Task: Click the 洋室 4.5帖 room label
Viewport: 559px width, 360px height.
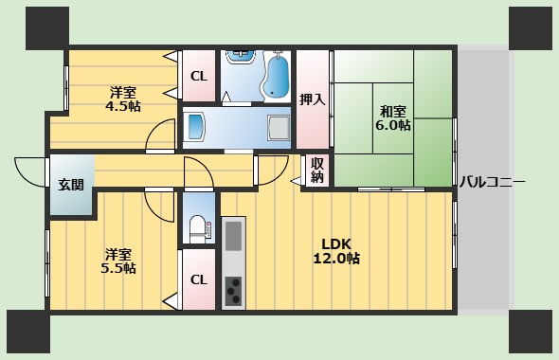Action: pyautogui.click(x=123, y=99)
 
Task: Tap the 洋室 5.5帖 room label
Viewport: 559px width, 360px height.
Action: pyautogui.click(x=118, y=261)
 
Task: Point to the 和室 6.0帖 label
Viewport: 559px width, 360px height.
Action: pyautogui.click(x=392, y=117)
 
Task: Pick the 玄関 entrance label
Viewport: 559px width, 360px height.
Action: pyautogui.click(x=71, y=184)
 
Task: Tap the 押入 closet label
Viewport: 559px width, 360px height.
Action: pyautogui.click(x=312, y=99)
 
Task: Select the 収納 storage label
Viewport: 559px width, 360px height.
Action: pyautogui.click(x=317, y=170)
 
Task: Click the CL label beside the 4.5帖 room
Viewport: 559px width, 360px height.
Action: pyautogui.click(x=198, y=77)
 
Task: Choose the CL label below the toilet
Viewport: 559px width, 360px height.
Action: pyautogui.click(x=198, y=279)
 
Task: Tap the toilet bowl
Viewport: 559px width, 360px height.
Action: pyautogui.click(x=197, y=226)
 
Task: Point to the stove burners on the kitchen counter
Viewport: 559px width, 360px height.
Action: pyautogui.click(x=233, y=289)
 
